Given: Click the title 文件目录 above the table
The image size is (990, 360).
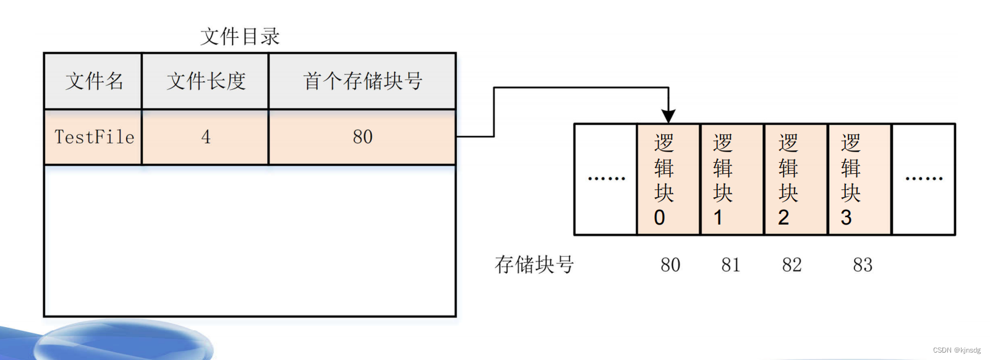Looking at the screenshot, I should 240,36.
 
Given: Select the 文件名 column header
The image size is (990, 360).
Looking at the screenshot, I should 94,81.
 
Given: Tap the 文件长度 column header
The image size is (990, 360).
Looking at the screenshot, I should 206,81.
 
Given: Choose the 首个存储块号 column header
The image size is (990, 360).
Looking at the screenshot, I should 363,81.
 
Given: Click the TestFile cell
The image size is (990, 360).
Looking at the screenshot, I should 94,137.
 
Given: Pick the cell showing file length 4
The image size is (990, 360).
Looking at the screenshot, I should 206,137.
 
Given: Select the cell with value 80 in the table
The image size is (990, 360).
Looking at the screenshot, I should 363,137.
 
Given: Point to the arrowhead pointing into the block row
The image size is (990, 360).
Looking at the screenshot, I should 668,116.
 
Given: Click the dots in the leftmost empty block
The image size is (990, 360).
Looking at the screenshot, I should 606,179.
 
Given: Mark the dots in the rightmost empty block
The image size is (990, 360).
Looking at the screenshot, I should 924,179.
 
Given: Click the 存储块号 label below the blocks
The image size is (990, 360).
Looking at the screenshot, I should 534,265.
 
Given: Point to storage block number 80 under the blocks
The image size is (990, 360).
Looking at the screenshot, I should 670,265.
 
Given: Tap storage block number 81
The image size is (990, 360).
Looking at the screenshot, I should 731,265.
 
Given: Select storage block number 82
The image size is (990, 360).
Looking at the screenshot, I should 792,265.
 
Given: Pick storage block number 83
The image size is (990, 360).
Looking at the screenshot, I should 863,265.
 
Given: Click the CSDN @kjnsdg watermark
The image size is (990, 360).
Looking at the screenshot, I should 957,350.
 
